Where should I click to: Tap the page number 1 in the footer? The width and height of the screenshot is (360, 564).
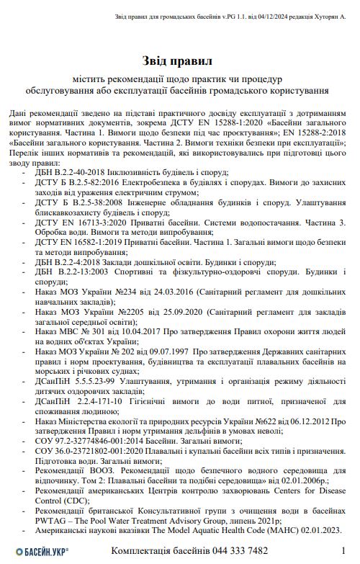coord(343,550)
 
